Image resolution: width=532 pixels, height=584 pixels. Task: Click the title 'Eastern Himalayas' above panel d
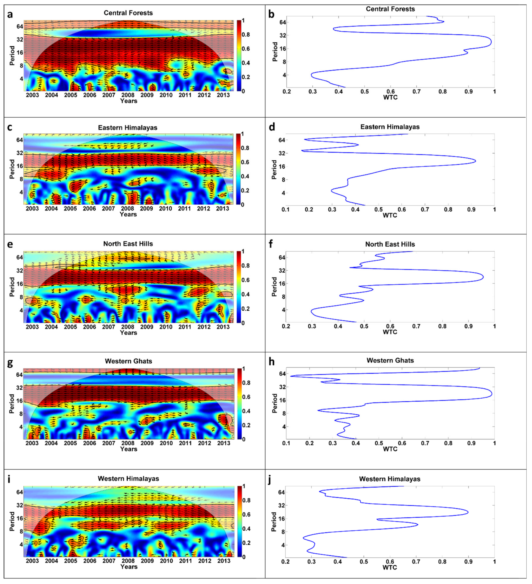click(390, 127)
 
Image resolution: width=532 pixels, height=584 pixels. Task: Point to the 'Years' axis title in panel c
click(128, 214)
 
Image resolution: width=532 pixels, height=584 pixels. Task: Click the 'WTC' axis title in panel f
click(390, 332)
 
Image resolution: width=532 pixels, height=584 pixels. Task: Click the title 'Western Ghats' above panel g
click(128, 361)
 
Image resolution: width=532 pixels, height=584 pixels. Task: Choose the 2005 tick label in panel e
click(71, 327)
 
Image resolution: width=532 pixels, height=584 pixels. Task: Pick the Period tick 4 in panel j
click(281, 545)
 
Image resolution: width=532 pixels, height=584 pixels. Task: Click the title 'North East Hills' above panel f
click(390, 244)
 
